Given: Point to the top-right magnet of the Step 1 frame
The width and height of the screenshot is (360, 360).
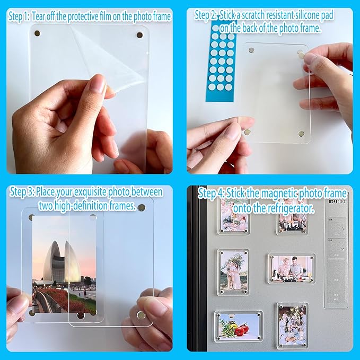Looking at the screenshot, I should click(x=139, y=36).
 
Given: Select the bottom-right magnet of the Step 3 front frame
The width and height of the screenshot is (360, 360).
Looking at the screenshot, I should click(x=141, y=315).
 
